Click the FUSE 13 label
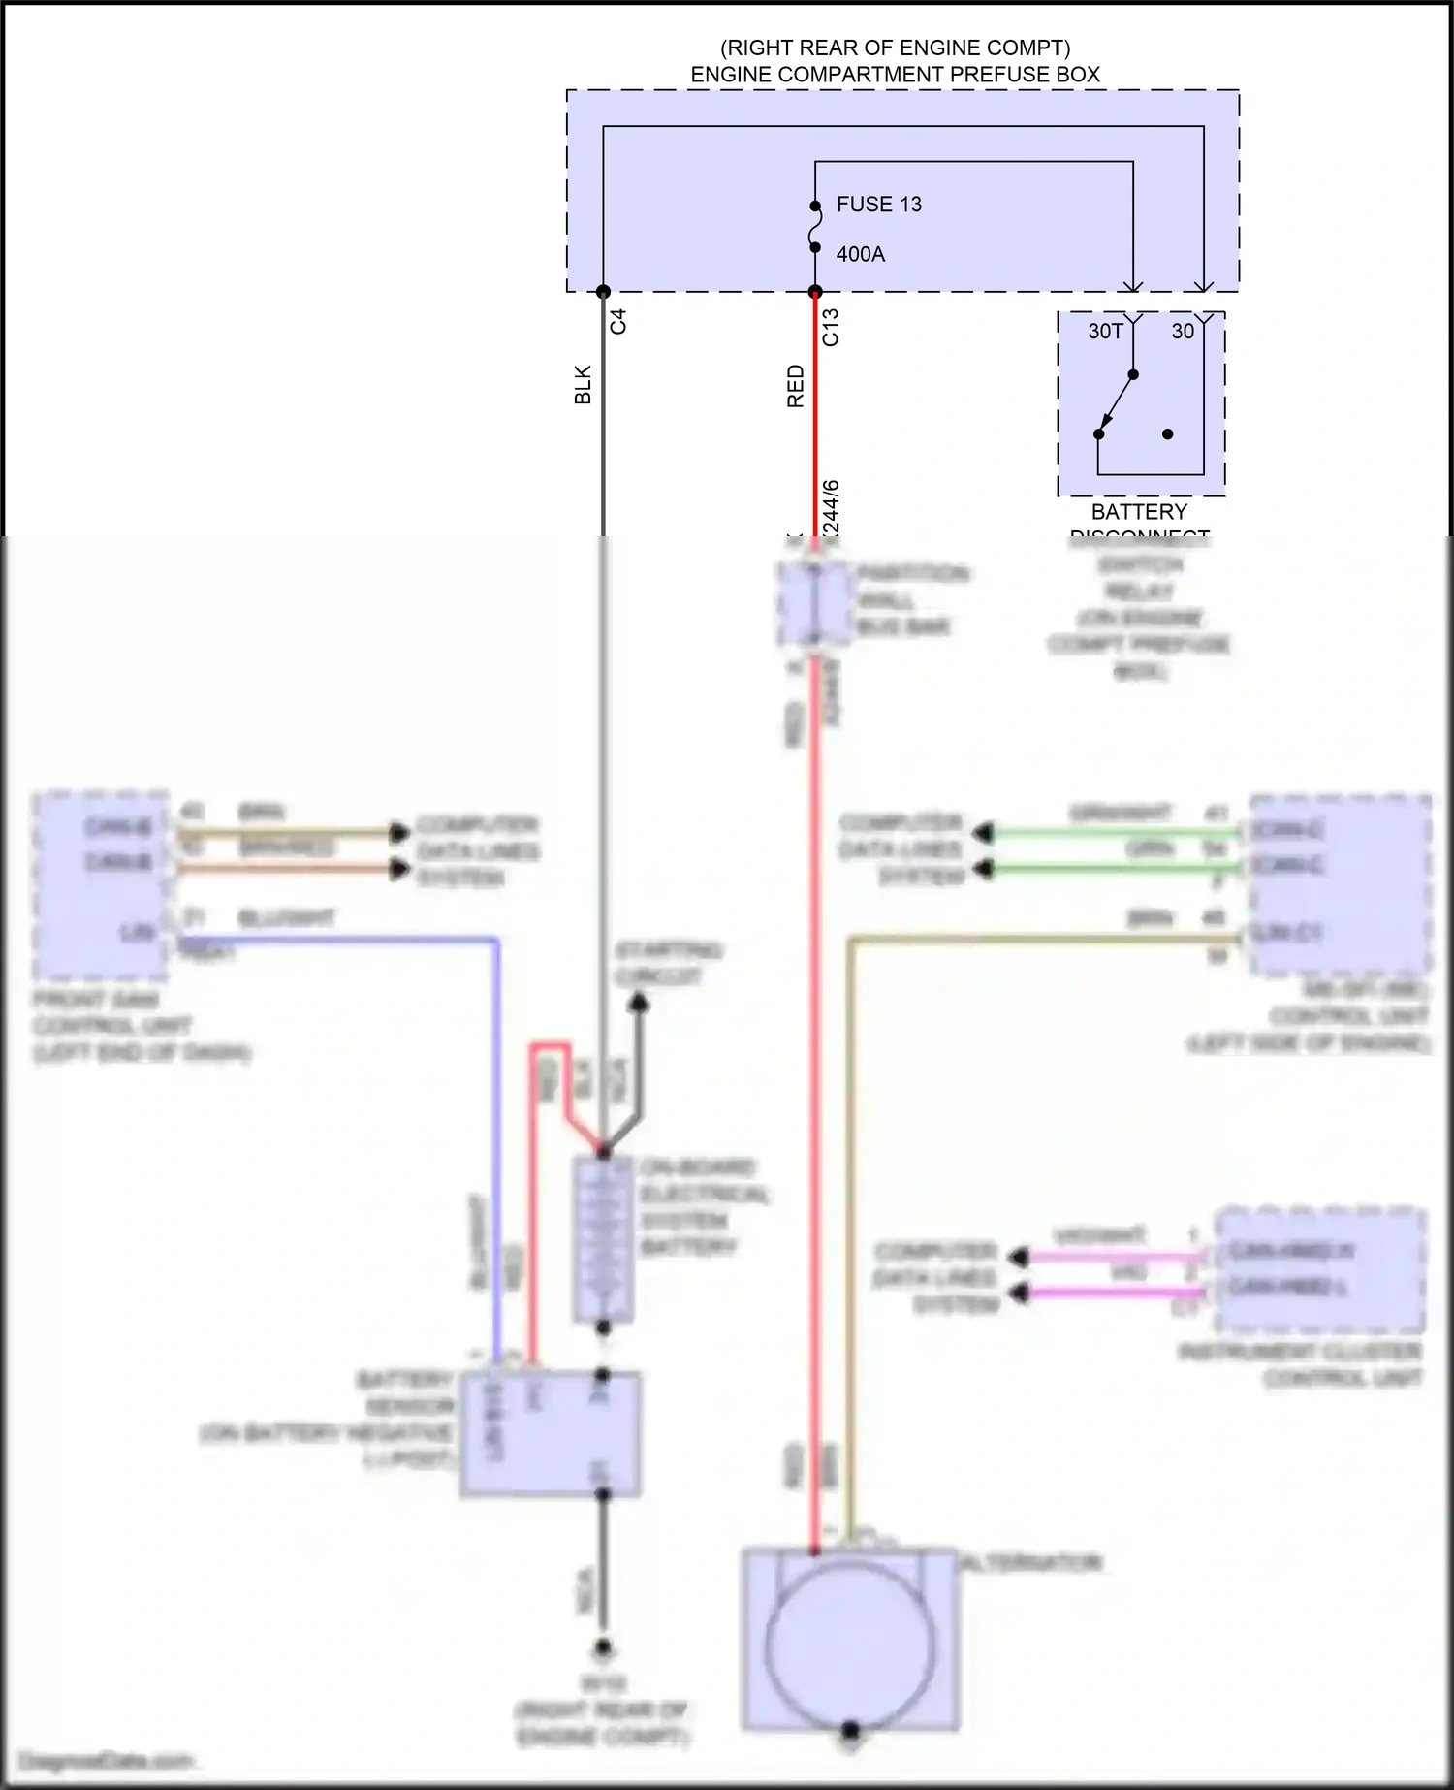coord(878,205)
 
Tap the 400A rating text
coord(860,254)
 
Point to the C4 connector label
coord(618,321)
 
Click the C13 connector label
coord(831,327)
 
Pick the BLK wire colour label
coord(583,384)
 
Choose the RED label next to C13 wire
coord(796,386)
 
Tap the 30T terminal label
coord(1105,332)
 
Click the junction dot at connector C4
coord(603,292)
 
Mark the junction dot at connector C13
coord(815,292)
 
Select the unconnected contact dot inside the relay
coord(1168,434)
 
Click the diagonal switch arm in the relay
coord(1116,404)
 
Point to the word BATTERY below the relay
coord(1139,512)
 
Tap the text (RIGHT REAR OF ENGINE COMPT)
coord(895,48)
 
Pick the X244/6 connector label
coord(831,507)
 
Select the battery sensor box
coord(550,1434)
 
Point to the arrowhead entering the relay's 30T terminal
coord(1132,286)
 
